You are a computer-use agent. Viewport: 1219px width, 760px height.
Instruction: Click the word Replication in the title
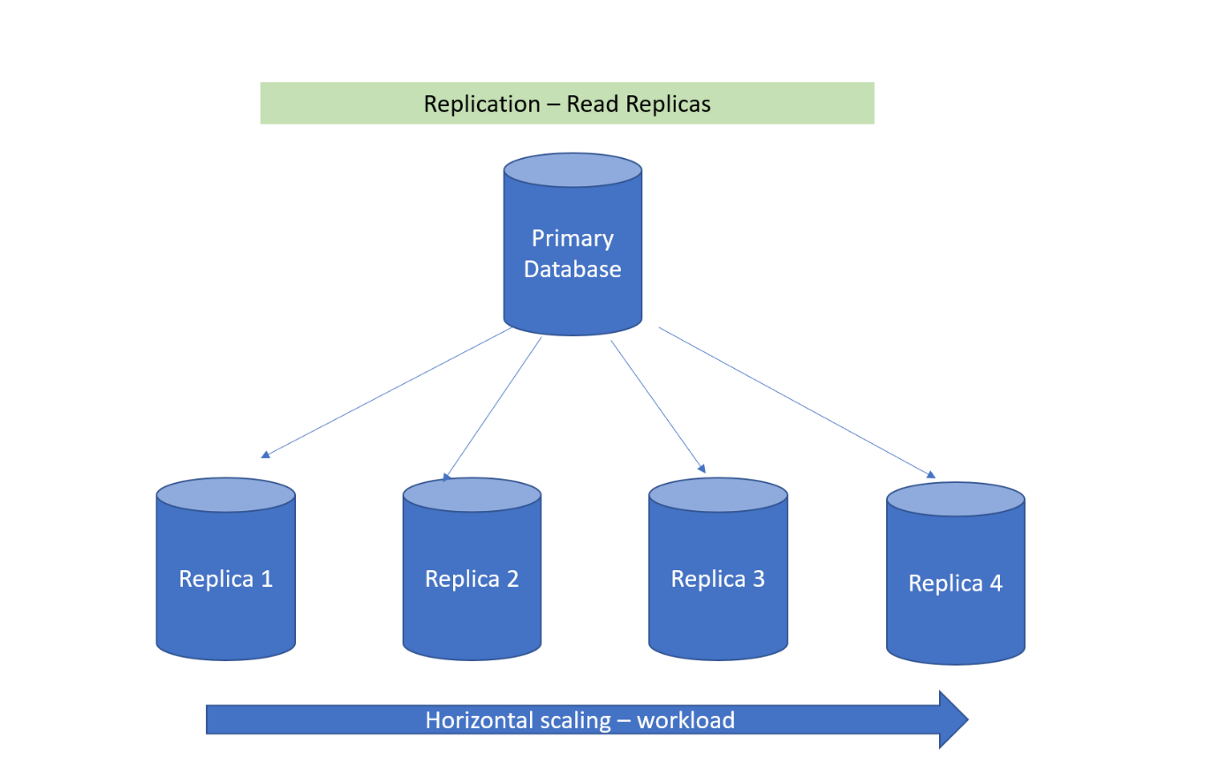click(x=482, y=104)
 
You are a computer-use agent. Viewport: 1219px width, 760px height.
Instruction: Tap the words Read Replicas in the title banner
click(x=639, y=104)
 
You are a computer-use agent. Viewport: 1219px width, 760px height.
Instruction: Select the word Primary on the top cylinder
click(x=572, y=238)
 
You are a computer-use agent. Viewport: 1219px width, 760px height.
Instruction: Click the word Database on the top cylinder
click(x=572, y=269)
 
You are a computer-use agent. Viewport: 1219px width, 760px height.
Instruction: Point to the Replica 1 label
click(x=225, y=579)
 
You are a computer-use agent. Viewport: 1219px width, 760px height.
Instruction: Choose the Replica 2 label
click(x=472, y=579)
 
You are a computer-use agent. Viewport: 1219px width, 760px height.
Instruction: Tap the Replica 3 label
click(x=717, y=579)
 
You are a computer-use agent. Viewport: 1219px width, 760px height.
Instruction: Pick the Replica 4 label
click(x=955, y=583)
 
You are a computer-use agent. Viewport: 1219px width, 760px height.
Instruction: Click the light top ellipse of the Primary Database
click(x=572, y=169)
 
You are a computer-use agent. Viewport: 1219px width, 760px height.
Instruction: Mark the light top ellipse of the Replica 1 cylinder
click(x=225, y=495)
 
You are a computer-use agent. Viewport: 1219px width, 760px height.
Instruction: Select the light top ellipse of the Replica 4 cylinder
click(x=955, y=500)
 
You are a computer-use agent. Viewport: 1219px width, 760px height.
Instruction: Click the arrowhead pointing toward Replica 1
click(x=265, y=455)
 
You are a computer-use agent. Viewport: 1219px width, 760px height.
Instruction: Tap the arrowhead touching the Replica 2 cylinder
click(x=447, y=478)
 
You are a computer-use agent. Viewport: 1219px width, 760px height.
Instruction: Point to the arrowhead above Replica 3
click(x=701, y=469)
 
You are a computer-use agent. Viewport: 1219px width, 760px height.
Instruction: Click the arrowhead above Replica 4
click(x=931, y=474)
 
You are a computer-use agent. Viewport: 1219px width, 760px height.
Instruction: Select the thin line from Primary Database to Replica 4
click(x=795, y=402)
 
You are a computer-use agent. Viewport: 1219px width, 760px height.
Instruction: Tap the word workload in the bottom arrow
click(x=686, y=720)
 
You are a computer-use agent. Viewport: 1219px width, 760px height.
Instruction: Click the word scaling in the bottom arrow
click(x=572, y=720)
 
